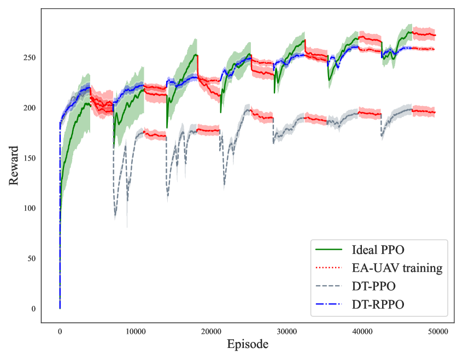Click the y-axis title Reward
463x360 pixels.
pyautogui.click(x=14, y=164)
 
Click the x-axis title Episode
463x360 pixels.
pyautogui.click(x=248, y=345)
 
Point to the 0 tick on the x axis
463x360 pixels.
pyautogui.click(x=60, y=331)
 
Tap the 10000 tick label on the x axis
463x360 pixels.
pyautogui.click(x=135, y=331)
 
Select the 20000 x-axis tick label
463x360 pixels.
pyautogui.click(x=211, y=331)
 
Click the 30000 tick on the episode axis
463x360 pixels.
pyautogui.click(x=286, y=331)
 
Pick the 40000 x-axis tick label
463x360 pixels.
pyautogui.click(x=362, y=331)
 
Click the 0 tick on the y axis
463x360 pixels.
pyautogui.click(x=34, y=309)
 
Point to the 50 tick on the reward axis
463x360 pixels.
pyautogui.click(x=32, y=258)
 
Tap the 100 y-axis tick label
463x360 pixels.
pyautogui.click(x=30, y=208)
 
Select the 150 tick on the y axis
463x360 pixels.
pyautogui.click(x=30, y=158)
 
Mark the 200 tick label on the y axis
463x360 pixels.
pyautogui.click(x=30, y=108)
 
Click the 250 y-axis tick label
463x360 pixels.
pyautogui.click(x=30, y=57)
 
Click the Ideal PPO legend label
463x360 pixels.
pyautogui.click(x=376, y=250)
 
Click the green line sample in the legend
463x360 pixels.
pyautogui.click(x=329, y=250)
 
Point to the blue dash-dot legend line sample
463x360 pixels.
pyautogui.click(x=329, y=304)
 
